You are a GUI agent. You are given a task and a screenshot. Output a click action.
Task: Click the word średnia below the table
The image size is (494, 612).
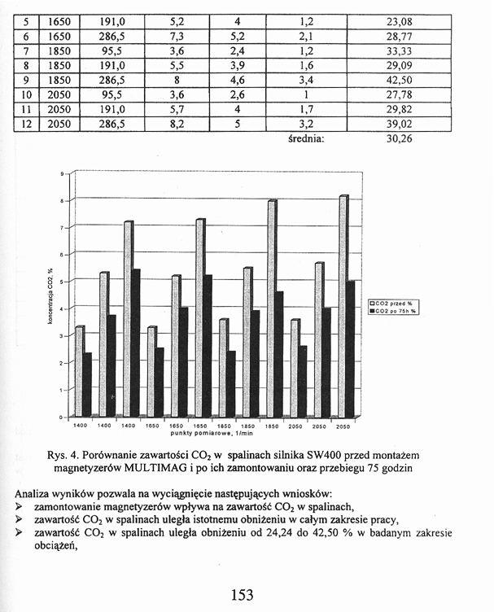point(307,138)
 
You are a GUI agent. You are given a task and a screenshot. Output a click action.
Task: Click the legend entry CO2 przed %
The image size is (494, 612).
point(397,303)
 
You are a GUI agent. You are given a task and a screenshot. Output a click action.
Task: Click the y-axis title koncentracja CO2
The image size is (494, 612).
point(50,296)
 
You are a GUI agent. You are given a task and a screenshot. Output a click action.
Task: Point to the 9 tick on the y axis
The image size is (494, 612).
point(62,173)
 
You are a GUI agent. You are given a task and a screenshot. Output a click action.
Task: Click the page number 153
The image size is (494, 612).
point(242,595)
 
